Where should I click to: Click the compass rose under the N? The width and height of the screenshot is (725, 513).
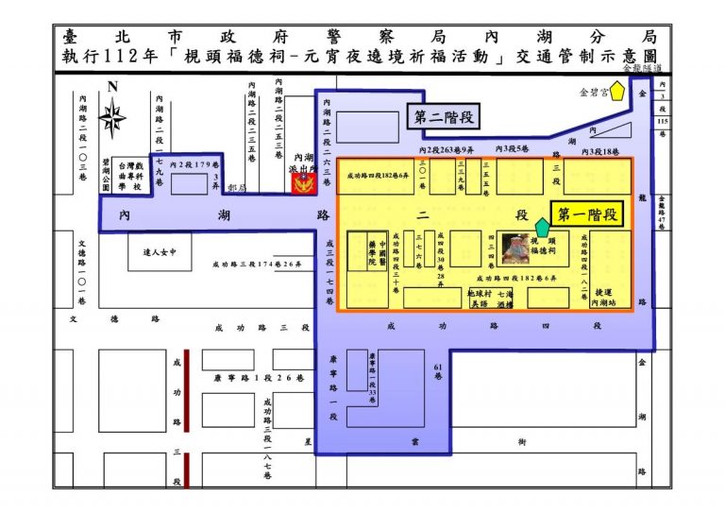pos(113,119)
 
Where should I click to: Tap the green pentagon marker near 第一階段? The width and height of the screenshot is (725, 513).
pos(542,227)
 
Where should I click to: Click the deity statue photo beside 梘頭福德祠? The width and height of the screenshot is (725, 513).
pos(515,248)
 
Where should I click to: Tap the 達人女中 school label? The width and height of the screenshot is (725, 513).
pos(160,252)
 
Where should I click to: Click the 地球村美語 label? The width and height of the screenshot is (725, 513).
pos(479,299)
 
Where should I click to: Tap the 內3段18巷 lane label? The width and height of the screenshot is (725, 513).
pos(599,151)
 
